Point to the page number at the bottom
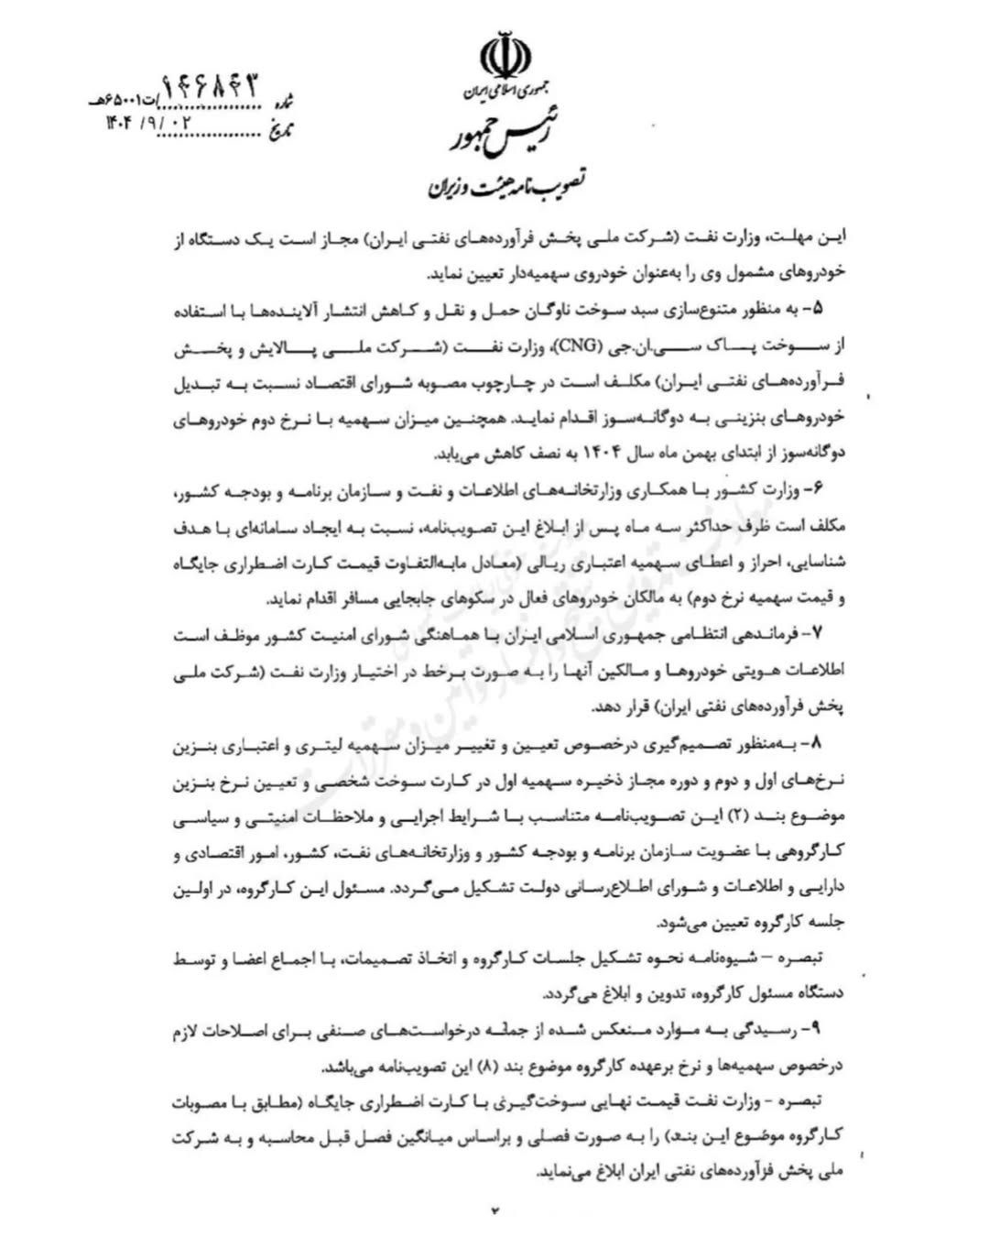point(496,1210)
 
